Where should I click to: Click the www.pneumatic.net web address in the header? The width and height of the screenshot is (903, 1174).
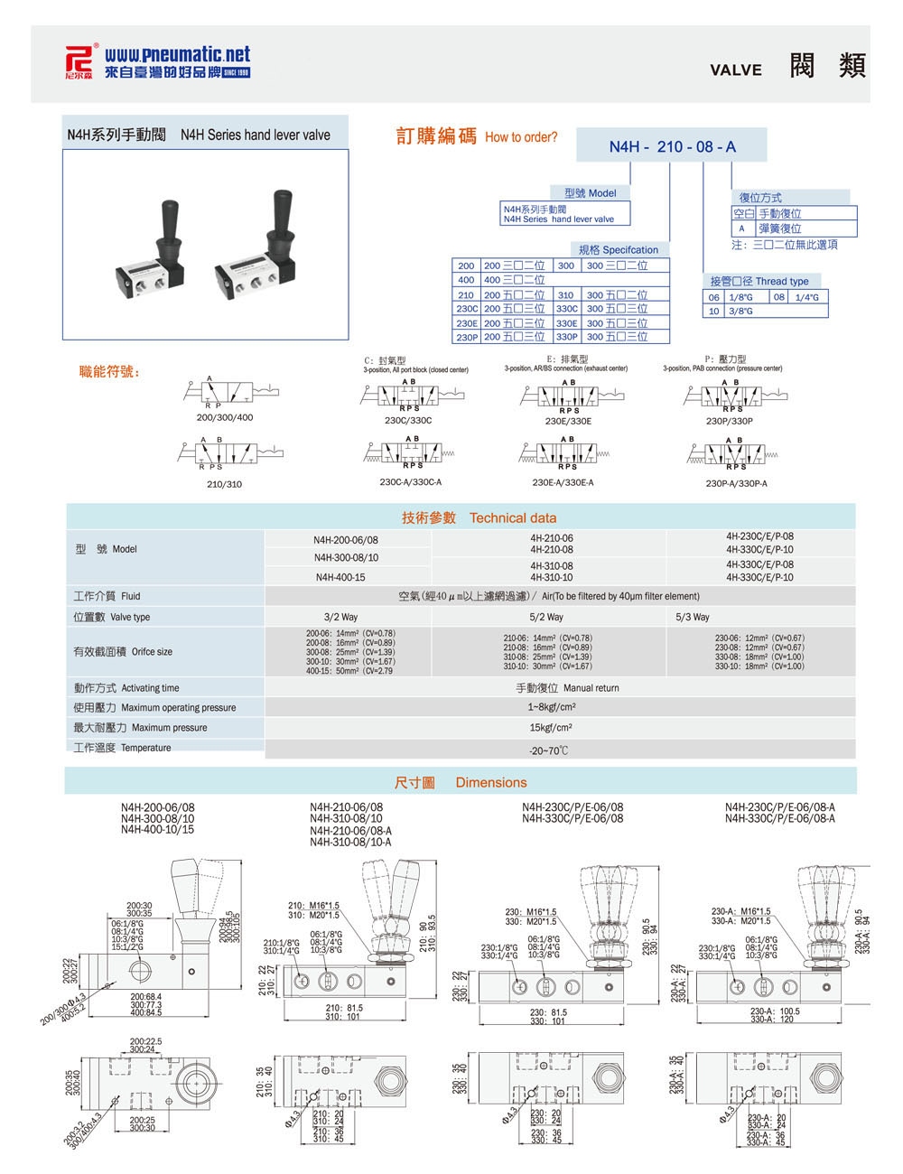coord(177,55)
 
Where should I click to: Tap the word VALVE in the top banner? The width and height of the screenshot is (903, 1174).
coord(735,70)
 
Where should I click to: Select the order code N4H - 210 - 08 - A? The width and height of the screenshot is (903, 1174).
coord(672,146)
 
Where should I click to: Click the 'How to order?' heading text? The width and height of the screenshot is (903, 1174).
coord(521,138)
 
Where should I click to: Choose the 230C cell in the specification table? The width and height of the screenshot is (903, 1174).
coord(466,309)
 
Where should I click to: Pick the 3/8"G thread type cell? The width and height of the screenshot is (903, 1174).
coord(741,311)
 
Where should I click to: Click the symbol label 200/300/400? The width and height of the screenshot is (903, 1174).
coord(225,417)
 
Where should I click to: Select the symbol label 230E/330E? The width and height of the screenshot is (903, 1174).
coord(568,421)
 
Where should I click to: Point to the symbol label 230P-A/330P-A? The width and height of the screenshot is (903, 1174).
coord(736,483)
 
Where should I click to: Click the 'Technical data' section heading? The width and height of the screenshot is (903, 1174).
coord(513,518)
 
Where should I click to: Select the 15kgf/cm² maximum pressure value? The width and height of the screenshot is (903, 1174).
coord(552,728)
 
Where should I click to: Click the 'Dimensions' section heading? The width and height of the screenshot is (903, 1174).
coord(490,783)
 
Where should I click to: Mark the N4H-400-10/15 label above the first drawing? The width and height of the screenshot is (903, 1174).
coord(157,829)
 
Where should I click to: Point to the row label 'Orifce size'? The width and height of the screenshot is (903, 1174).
coord(151,652)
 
